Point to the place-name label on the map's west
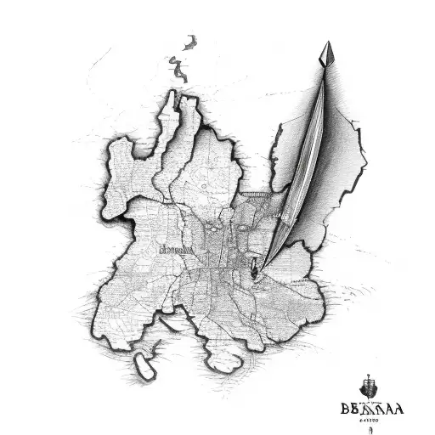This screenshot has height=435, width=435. click(x=176, y=251)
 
